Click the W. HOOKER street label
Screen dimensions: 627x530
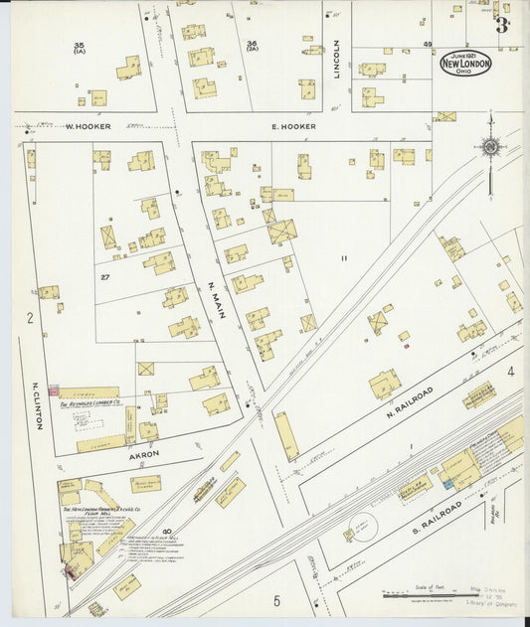(88, 127)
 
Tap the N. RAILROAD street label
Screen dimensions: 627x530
(407, 395)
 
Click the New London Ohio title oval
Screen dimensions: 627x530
(465, 63)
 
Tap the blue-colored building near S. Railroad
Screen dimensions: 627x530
(448, 484)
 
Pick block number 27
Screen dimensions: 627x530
(103, 277)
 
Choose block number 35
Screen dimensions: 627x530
(80, 46)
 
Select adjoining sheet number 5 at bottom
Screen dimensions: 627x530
(276, 600)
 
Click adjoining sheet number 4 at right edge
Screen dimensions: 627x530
(510, 373)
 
